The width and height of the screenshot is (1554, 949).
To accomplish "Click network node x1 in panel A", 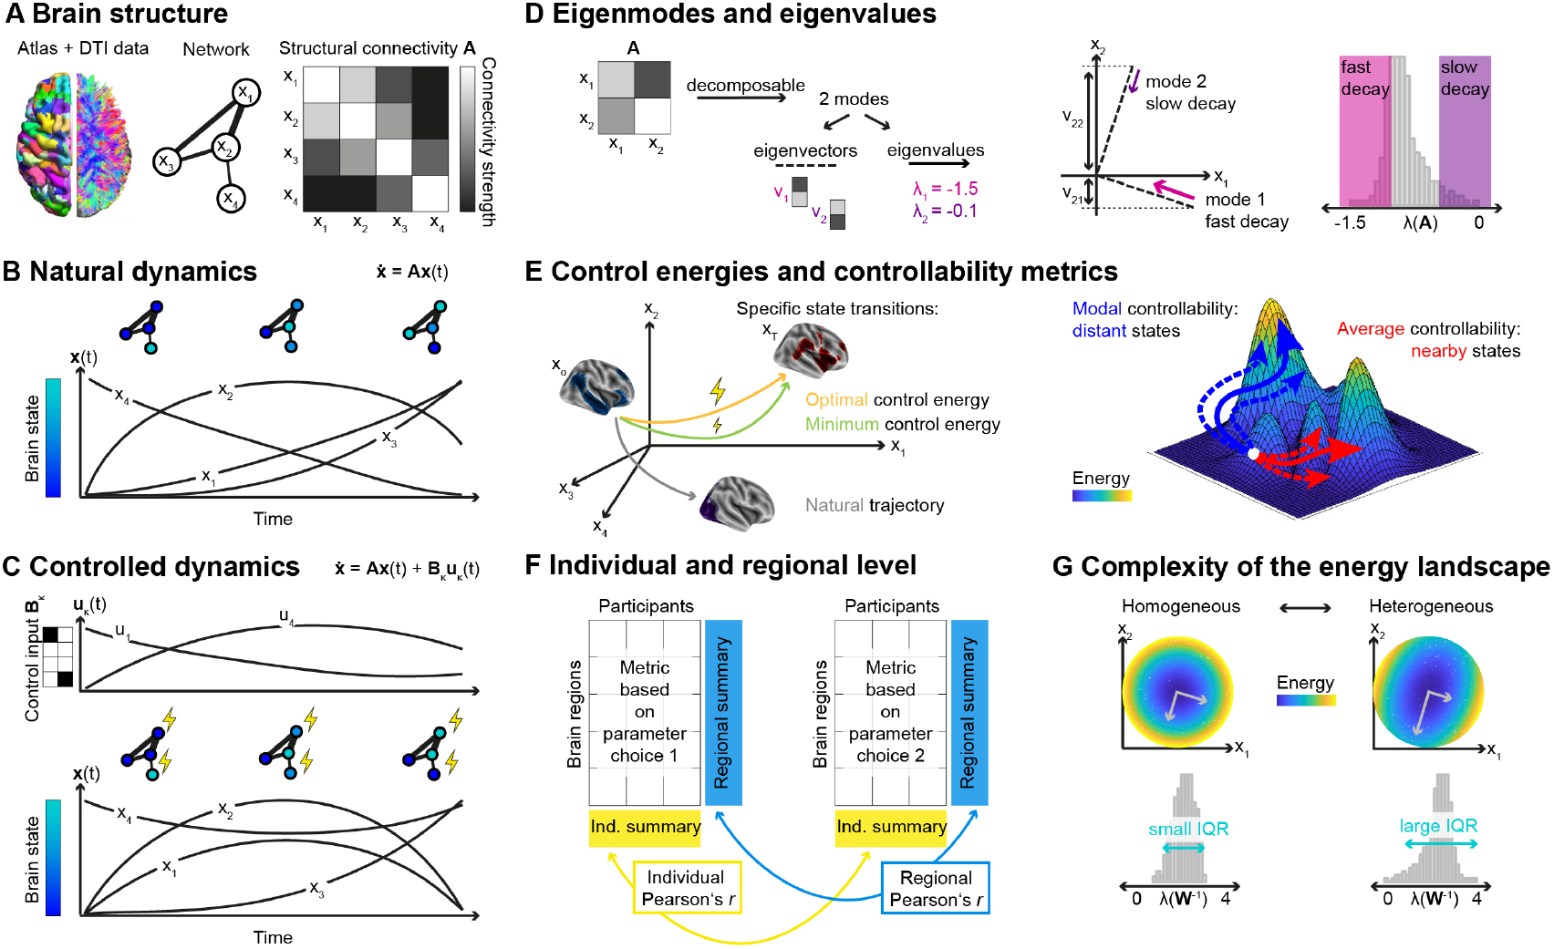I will click(245, 92).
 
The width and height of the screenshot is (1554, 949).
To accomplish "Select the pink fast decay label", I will click(1364, 78).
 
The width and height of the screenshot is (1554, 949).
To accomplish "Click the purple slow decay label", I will click(1465, 78).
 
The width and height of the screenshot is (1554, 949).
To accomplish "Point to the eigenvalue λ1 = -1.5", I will click(945, 189).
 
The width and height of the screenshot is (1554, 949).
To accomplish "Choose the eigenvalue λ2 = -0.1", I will click(945, 211).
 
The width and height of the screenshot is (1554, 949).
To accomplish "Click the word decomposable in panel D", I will click(745, 86).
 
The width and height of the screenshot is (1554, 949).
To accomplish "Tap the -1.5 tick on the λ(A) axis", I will click(1350, 223).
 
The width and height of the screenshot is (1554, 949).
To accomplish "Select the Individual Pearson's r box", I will click(687, 888).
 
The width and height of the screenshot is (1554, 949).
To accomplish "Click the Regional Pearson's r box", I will click(936, 889).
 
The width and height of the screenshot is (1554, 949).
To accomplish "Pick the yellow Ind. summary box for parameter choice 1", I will click(645, 828).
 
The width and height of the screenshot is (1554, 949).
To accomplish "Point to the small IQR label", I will click(1187, 830).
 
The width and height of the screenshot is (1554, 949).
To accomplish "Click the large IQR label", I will click(1438, 826).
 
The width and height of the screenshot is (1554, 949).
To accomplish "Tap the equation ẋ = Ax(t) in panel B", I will click(412, 272).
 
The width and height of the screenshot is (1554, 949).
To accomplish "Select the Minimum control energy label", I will click(902, 425).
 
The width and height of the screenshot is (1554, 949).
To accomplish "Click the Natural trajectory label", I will click(874, 506).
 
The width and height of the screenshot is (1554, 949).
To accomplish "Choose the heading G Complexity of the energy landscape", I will click(1300, 567).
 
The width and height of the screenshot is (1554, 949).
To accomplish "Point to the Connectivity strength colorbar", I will click(468, 139).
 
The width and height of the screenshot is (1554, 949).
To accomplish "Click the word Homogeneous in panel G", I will click(1180, 607).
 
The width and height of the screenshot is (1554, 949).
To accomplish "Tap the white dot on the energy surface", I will click(1254, 453).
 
